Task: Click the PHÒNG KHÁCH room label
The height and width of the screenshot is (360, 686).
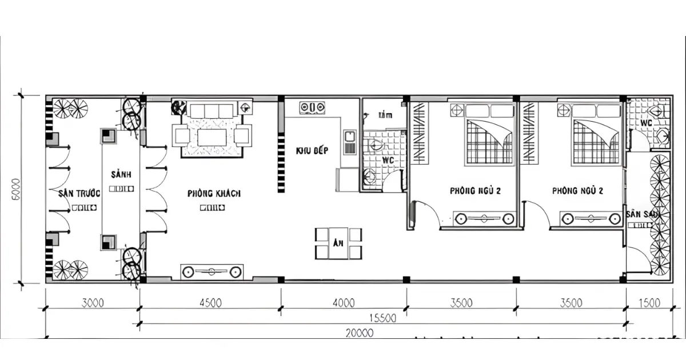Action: click(x=214, y=193)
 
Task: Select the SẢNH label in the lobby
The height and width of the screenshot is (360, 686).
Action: click(x=121, y=174)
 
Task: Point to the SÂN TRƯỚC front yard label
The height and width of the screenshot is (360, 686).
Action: click(x=78, y=193)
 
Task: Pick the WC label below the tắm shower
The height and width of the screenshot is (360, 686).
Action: click(x=388, y=161)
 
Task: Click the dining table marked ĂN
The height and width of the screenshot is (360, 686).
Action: click(x=338, y=243)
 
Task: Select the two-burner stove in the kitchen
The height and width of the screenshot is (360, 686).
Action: click(x=312, y=107)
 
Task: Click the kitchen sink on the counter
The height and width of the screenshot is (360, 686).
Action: click(x=349, y=142)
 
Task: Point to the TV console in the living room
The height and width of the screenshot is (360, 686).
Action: click(x=212, y=272)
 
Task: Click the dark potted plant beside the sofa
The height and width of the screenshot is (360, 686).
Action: click(x=179, y=107)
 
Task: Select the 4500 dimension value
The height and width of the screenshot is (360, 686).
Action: click(x=210, y=303)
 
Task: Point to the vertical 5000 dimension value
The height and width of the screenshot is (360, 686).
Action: click(x=15, y=189)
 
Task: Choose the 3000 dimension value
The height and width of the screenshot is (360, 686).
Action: click(x=93, y=303)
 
